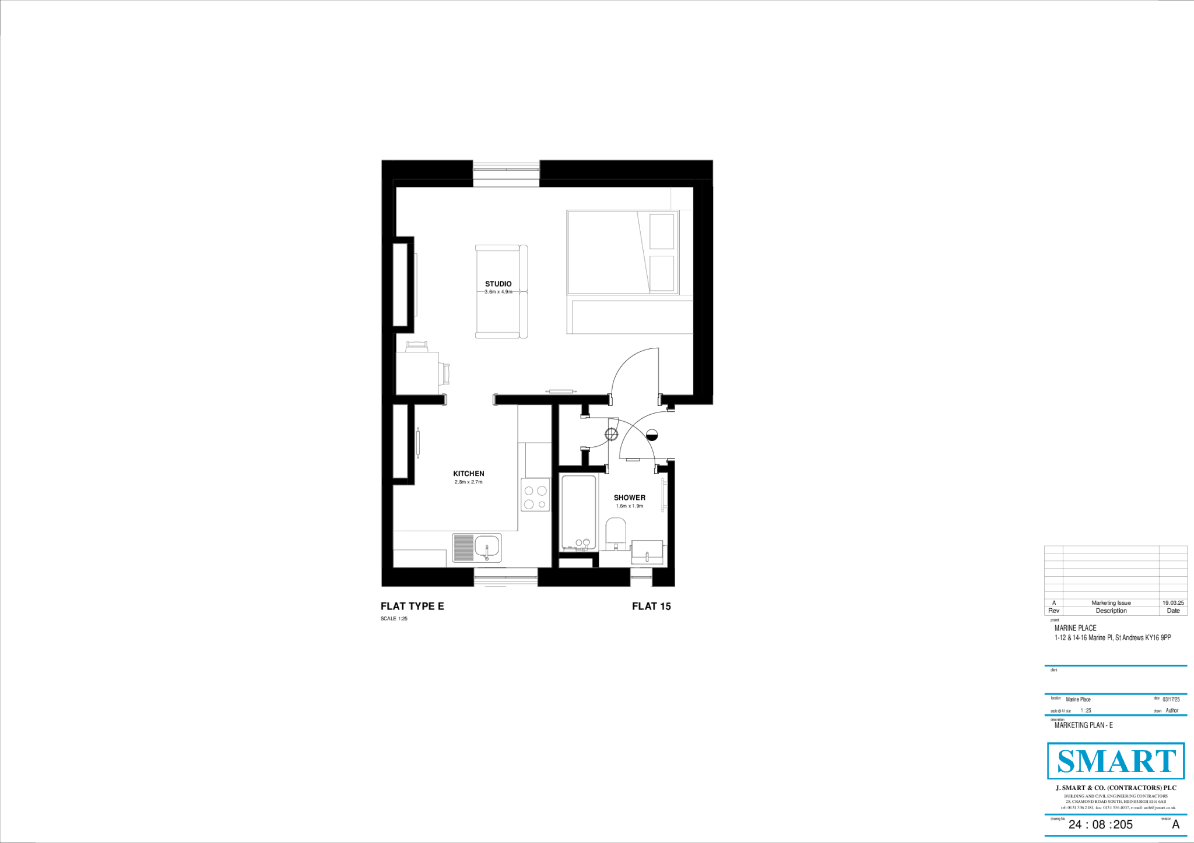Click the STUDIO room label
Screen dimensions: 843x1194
498,284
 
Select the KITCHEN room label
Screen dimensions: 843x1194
469,474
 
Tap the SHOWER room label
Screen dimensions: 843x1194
629,498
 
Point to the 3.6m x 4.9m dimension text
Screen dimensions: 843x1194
498,292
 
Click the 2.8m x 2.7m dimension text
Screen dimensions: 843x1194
469,482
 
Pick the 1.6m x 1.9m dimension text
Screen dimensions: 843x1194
629,506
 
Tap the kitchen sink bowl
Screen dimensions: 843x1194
487,548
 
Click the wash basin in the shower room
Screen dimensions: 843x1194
647,552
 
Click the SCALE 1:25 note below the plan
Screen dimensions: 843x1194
394,619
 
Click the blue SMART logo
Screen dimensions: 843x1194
1116,761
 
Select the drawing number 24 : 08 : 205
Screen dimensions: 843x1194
1100,824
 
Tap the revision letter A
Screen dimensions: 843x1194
1175,824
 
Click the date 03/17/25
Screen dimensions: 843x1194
1171,699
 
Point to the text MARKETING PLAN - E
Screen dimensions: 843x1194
1084,725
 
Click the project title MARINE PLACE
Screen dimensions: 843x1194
1076,628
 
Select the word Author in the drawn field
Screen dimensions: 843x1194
1172,710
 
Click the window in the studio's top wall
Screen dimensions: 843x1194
506,170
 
